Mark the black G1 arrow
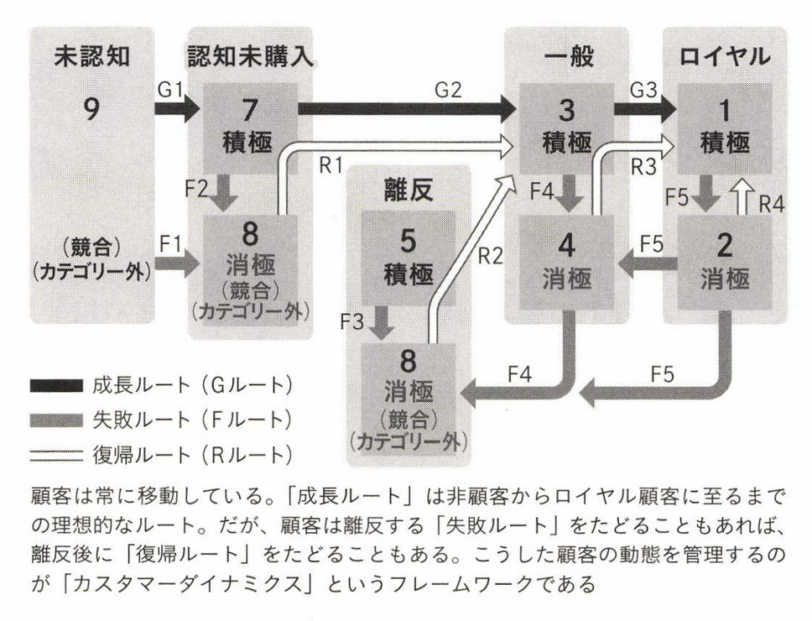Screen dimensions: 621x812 [176, 107]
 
